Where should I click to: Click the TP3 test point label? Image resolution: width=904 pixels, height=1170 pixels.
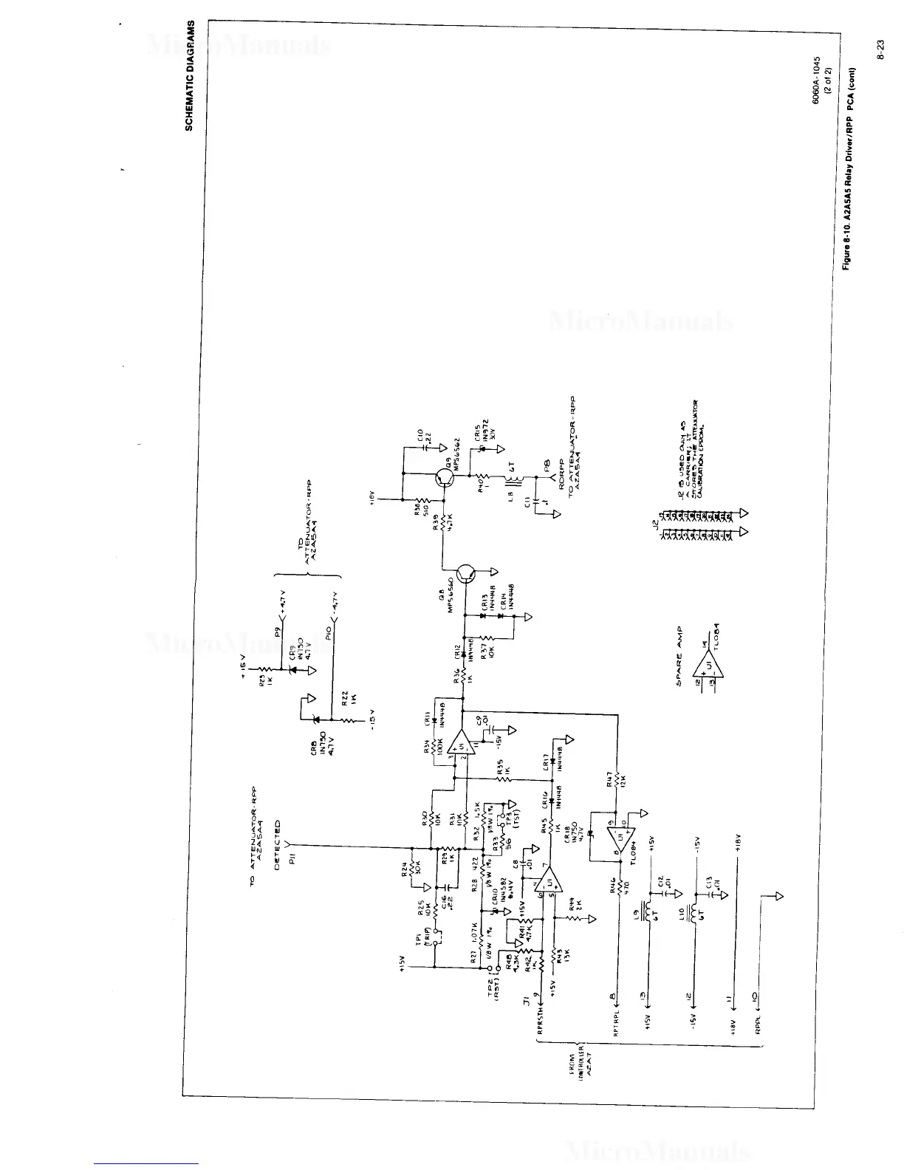click(512, 821)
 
